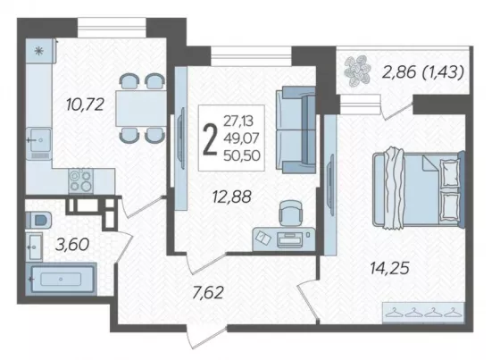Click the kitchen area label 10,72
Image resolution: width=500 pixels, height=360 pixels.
pyautogui.click(x=85, y=105)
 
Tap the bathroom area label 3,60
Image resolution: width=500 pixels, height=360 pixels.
pyautogui.click(x=72, y=245)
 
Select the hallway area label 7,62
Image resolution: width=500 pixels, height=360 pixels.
pyautogui.click(x=208, y=293)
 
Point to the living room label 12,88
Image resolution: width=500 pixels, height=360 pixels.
pyautogui.click(x=232, y=197)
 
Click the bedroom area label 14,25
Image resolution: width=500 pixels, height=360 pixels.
pyautogui.click(x=389, y=268)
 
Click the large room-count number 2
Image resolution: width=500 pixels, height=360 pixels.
pyautogui.click(x=210, y=139)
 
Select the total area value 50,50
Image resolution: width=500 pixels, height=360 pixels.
pyautogui.click(x=242, y=155)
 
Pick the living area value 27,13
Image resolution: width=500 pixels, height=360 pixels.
pyautogui.click(x=238, y=121)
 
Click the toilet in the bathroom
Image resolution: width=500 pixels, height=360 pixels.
pyautogui.click(x=38, y=220)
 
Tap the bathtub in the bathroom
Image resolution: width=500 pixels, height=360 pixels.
pyautogui.click(x=61, y=279)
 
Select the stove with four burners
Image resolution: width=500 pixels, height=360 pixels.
pyautogui.click(x=80, y=180)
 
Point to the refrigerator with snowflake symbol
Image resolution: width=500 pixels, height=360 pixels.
pyautogui.click(x=40, y=50)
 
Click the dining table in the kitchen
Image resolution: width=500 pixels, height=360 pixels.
pyautogui.click(x=141, y=108)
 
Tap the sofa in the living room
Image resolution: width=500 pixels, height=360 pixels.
pyautogui.click(x=296, y=130)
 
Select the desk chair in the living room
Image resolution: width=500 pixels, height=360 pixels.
pyautogui.click(x=290, y=212)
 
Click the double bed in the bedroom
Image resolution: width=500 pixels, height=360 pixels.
pyautogui.click(x=419, y=188)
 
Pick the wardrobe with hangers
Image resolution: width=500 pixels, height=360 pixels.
pyautogui.click(x=423, y=312)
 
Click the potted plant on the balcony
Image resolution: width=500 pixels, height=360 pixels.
pyautogui.click(x=357, y=71)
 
